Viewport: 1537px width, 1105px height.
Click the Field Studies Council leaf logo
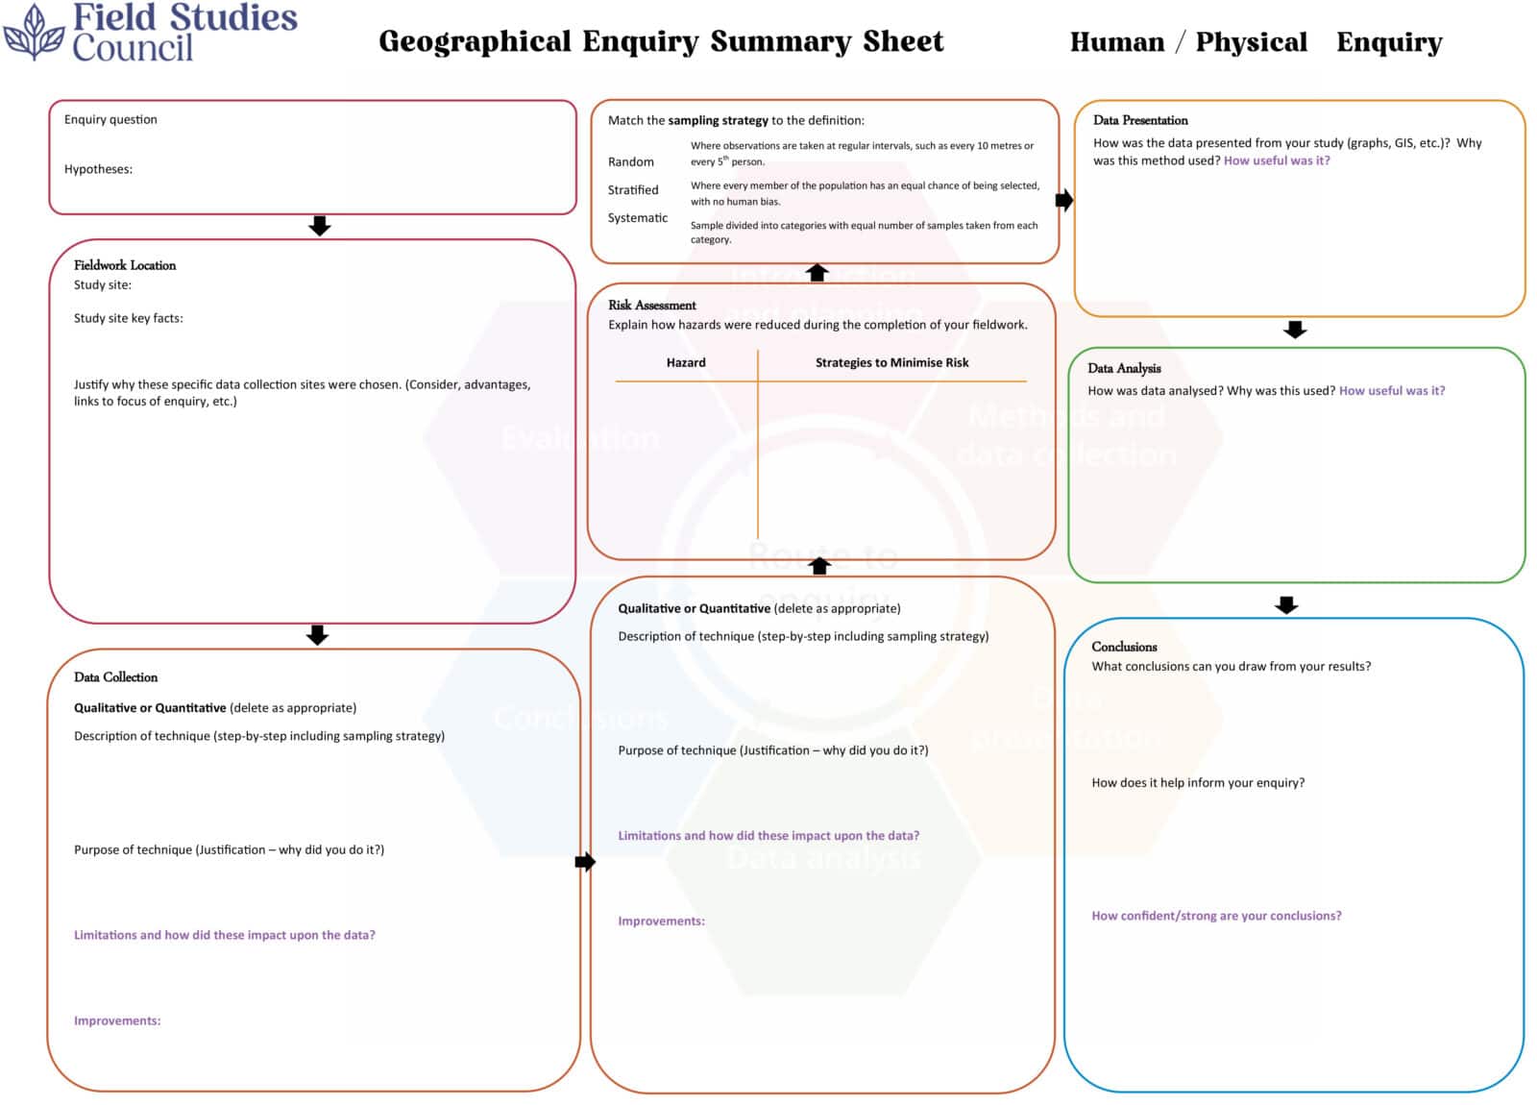click(x=34, y=33)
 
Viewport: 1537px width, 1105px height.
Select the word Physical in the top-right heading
click(x=1251, y=42)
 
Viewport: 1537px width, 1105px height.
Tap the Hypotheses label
click(x=98, y=169)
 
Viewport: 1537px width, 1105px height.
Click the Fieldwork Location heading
click(x=125, y=265)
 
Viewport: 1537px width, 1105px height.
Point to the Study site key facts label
click(x=128, y=318)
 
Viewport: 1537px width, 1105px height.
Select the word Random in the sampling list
click(x=630, y=162)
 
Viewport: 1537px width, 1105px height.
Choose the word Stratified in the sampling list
click(x=632, y=190)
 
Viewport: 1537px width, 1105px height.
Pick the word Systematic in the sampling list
click(x=637, y=218)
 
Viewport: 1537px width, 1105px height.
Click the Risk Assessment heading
click(x=651, y=306)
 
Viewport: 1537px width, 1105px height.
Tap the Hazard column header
click(x=686, y=362)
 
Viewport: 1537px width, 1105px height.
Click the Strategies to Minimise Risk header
click(x=891, y=362)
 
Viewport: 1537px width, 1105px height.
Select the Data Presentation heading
click(x=1140, y=120)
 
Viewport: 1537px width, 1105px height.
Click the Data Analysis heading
click(x=1124, y=368)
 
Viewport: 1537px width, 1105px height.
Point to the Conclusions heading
click(x=1124, y=647)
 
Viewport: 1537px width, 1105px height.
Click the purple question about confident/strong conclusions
click(x=1216, y=916)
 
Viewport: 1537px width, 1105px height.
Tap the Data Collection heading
click(x=115, y=677)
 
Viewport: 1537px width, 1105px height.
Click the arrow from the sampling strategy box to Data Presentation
click(x=1064, y=201)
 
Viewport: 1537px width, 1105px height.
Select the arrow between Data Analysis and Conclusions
click(x=1286, y=604)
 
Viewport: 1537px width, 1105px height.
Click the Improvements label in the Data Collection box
click(x=117, y=1020)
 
